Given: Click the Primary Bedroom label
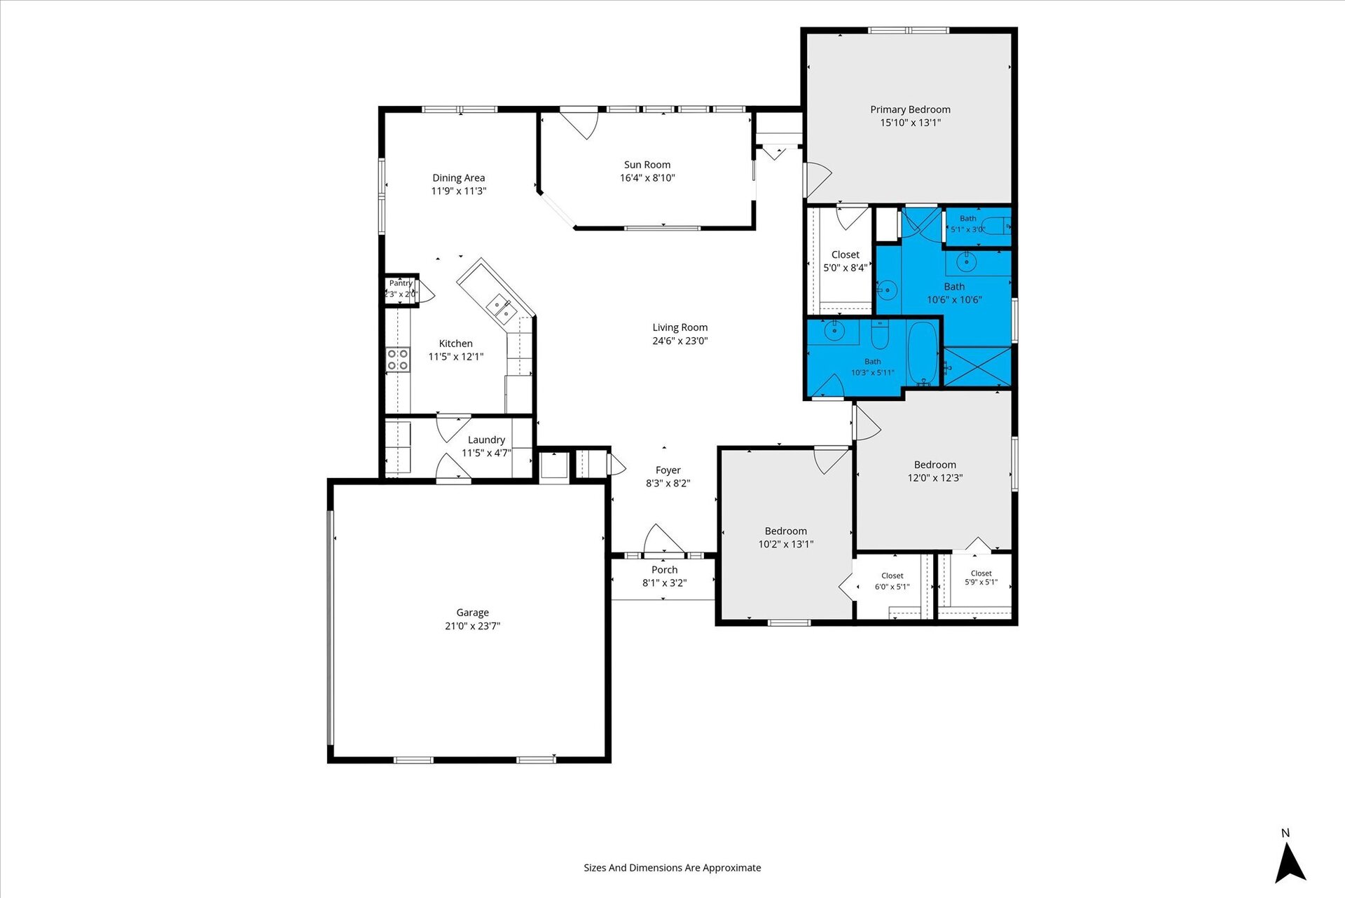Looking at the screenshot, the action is point(910,109).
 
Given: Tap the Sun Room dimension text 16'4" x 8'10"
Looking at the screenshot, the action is point(647,178).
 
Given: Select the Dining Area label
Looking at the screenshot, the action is point(459,178).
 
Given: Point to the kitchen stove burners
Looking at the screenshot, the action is point(398,360).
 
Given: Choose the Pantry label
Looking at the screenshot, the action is point(401,283).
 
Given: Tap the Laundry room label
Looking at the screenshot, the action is point(486,440).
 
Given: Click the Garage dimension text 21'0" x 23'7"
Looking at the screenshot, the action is point(473,626).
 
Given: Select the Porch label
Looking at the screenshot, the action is point(665,570).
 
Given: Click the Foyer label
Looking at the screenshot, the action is point(668,470).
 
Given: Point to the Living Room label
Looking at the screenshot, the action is point(680,327).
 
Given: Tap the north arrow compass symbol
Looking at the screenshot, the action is point(1290,863).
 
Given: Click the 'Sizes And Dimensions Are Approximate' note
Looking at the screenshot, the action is point(672,868).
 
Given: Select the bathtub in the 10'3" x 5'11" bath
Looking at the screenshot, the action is point(923,353).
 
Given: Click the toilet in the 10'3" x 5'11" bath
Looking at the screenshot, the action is point(880,335).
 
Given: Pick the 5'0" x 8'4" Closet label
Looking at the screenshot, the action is point(846,255).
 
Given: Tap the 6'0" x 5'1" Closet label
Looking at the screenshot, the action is point(892,576).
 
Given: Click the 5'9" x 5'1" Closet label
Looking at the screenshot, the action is point(981,573).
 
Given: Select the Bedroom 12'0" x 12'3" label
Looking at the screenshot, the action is point(935,465).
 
